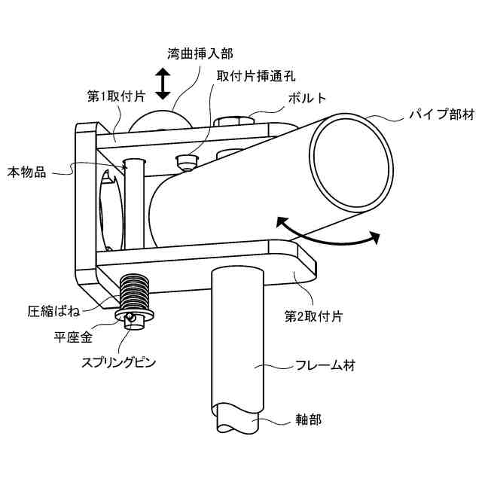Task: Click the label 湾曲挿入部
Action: click(200, 53)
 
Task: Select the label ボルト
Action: click(307, 99)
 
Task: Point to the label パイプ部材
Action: click(441, 115)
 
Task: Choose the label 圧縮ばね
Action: click(53, 310)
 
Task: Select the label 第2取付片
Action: click(314, 317)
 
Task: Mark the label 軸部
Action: click(310, 418)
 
